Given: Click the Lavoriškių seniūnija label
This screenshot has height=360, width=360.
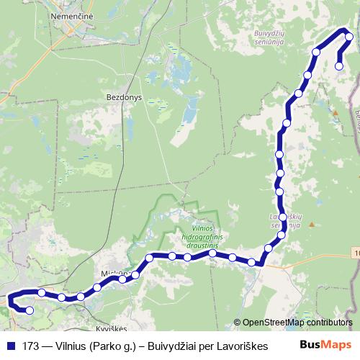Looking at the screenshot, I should click(284, 220).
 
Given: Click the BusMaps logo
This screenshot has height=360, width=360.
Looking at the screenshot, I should click(327, 345).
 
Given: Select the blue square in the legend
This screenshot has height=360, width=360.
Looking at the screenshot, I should click(10, 346).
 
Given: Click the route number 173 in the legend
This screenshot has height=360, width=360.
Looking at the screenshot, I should click(32, 346).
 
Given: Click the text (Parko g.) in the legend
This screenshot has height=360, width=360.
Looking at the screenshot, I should click(114, 346).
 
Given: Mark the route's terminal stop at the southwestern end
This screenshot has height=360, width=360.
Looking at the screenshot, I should click(30, 311).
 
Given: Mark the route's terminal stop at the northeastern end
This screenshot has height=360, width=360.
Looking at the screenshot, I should click(339, 66).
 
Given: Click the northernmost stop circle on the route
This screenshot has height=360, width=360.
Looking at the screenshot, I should click(349, 37).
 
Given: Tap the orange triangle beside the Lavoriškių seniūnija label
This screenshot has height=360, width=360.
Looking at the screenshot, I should click(311, 224).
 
